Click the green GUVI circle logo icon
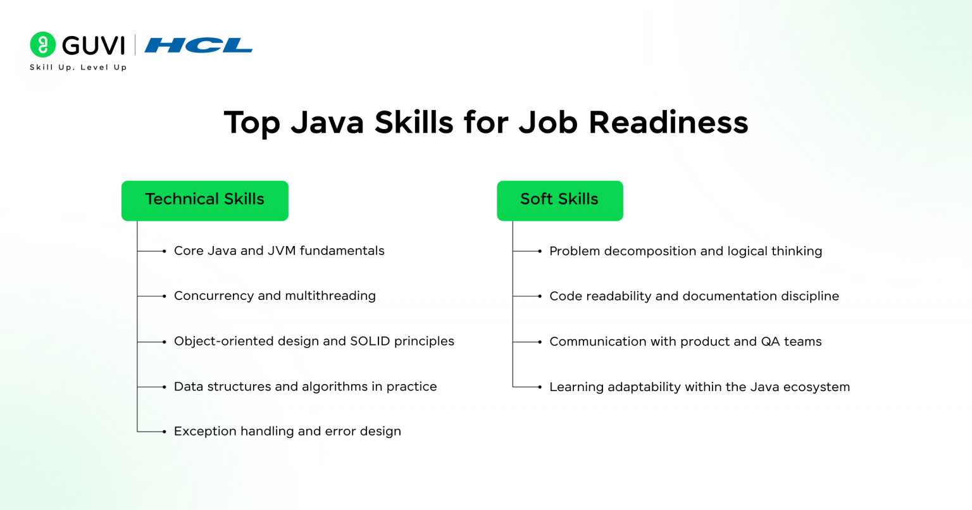click(x=42, y=44)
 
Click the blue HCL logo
click(x=198, y=45)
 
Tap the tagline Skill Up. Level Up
click(x=78, y=67)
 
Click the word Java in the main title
click(x=327, y=122)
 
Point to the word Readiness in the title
click(x=668, y=122)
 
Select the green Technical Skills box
click(x=205, y=201)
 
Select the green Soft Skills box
click(x=560, y=201)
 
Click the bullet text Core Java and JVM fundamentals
click(x=279, y=251)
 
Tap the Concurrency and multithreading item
click(x=275, y=296)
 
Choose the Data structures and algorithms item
click(x=305, y=387)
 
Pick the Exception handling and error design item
click(x=287, y=432)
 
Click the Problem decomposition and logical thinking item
click(x=685, y=251)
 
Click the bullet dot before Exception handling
click(x=164, y=432)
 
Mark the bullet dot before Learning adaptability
click(x=540, y=387)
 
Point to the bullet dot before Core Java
click(x=164, y=251)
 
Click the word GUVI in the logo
click(x=93, y=45)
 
